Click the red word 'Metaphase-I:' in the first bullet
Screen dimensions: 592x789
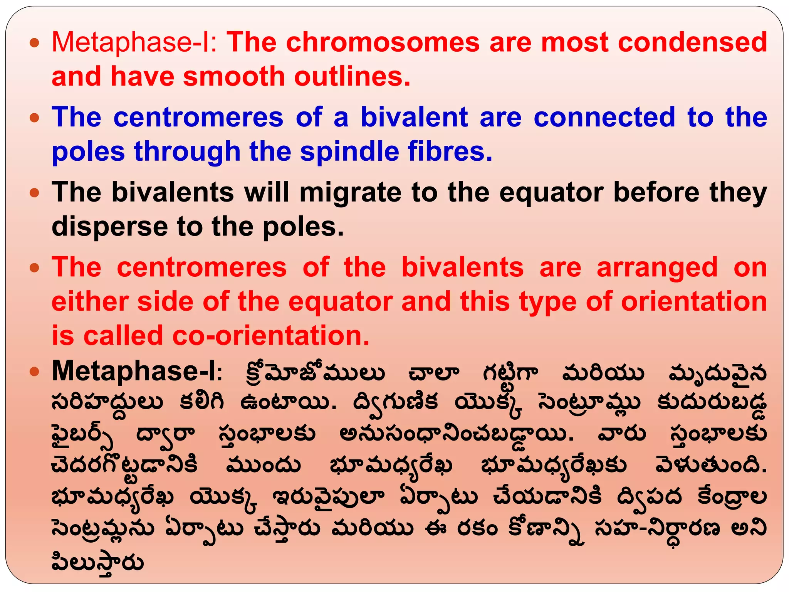coord(134,42)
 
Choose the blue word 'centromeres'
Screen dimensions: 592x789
coord(198,117)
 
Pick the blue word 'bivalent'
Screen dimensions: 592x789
coord(414,117)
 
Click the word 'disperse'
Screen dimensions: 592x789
coord(109,227)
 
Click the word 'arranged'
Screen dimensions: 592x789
coord(657,267)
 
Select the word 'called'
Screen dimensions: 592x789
coord(123,335)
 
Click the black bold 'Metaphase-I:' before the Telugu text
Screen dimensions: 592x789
coord(137,371)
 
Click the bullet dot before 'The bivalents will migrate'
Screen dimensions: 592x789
coord(35,193)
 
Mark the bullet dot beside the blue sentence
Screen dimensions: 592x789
coord(35,118)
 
